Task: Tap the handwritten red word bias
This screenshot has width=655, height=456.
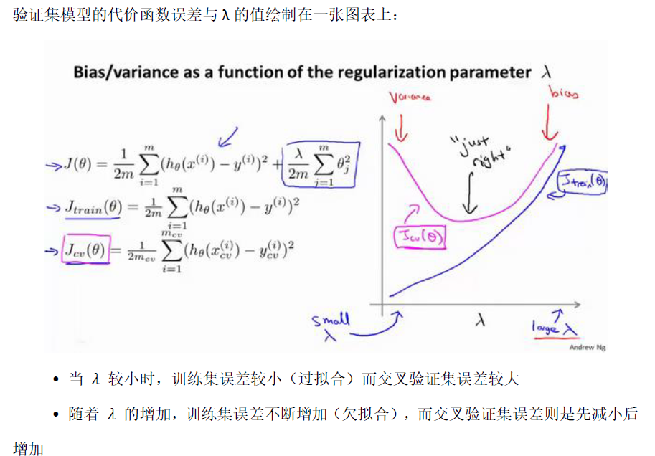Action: [x=563, y=93]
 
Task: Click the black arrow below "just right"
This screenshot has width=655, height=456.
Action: [x=470, y=193]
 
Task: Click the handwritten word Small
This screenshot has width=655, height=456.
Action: [x=331, y=319]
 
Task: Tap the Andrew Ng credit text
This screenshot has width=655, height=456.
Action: [x=586, y=347]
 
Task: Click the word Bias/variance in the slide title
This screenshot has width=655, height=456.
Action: [x=119, y=73]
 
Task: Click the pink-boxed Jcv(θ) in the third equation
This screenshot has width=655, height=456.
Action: [x=86, y=249]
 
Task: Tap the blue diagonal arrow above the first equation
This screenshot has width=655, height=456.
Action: [x=229, y=134]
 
